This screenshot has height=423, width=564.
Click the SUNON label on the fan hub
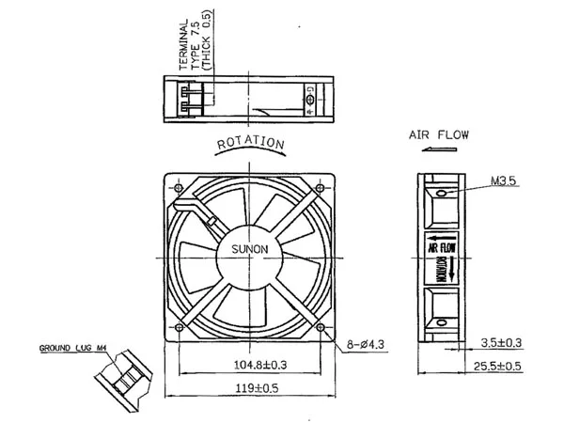tap(250, 249)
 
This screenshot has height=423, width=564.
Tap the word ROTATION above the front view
tap(251, 144)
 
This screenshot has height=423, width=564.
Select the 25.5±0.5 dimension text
tap(496, 367)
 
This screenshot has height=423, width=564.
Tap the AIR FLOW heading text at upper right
tap(439, 134)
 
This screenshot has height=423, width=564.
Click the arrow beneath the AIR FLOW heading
tap(438, 149)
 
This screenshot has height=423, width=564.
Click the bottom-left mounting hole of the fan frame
tap(176, 327)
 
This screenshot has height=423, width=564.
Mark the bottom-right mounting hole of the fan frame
tap(323, 327)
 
